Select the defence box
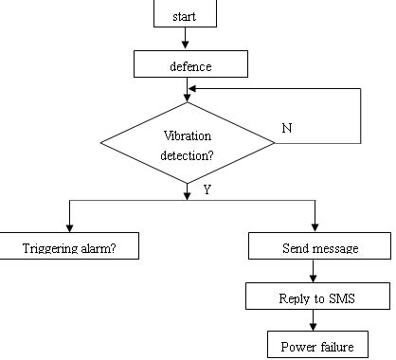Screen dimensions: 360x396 point(190,65)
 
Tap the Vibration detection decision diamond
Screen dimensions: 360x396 point(189,142)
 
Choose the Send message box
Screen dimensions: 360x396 point(319,248)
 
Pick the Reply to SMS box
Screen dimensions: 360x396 point(318,298)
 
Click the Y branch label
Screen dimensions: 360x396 point(207,190)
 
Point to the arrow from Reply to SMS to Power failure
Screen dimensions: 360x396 point(319,322)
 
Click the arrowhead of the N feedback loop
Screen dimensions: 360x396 point(193,90)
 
